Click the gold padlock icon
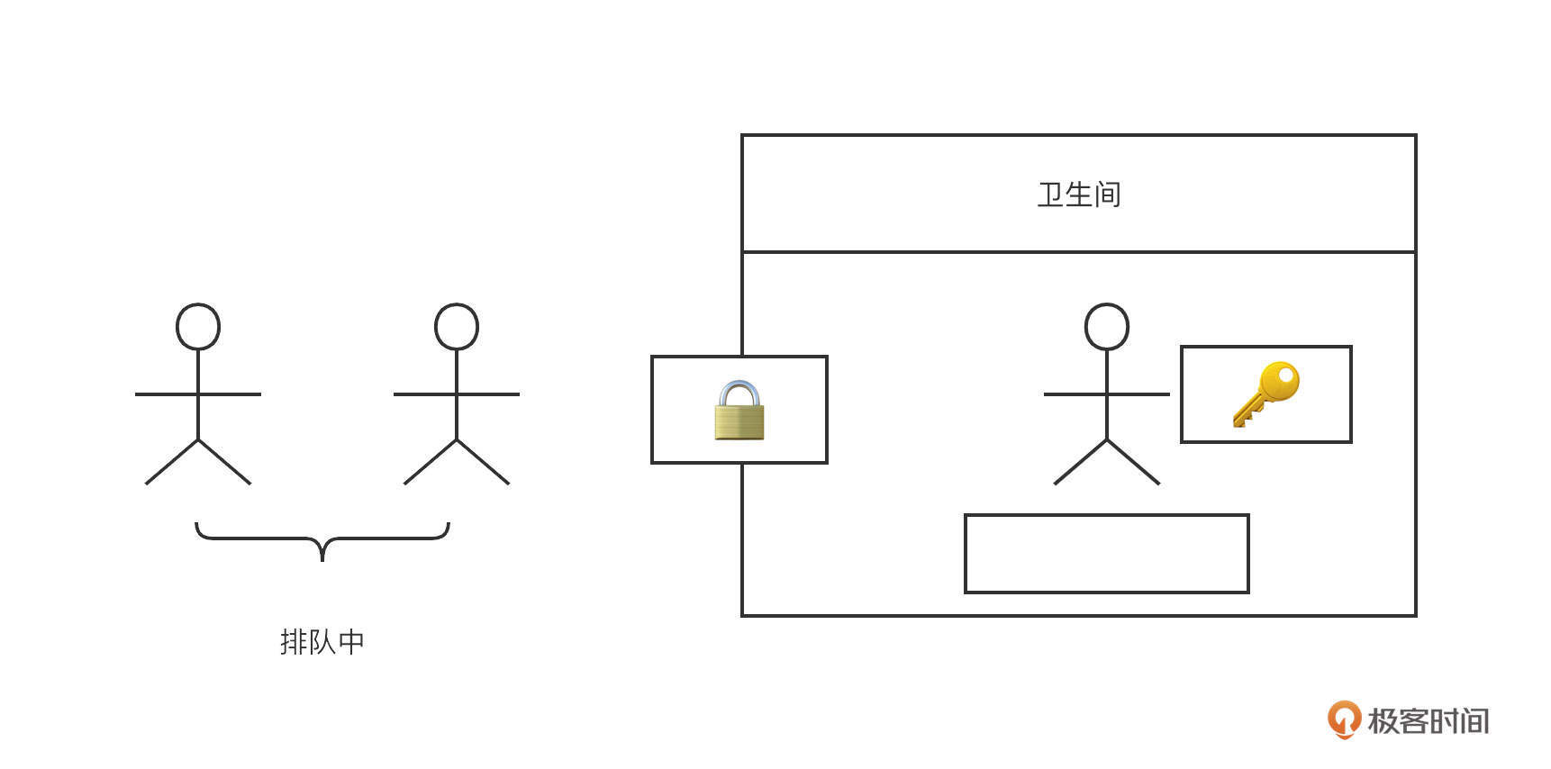click(x=739, y=410)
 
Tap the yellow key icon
click(x=1266, y=394)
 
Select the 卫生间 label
click(x=1079, y=195)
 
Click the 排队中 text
click(x=322, y=642)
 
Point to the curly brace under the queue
click(x=322, y=541)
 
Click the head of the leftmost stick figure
click(x=198, y=326)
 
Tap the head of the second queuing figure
click(x=457, y=326)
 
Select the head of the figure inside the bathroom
click(x=1107, y=326)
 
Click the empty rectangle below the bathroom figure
click(x=1107, y=554)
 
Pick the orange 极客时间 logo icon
click(x=1344, y=719)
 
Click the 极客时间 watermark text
click(x=1429, y=720)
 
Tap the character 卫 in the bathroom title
click(x=1051, y=195)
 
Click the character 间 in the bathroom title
click(x=1108, y=195)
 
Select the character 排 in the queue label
click(x=294, y=642)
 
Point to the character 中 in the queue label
click(x=351, y=642)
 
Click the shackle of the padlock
click(x=739, y=394)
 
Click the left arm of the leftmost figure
click(x=167, y=394)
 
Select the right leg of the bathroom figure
click(x=1133, y=462)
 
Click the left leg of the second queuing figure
click(x=431, y=462)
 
